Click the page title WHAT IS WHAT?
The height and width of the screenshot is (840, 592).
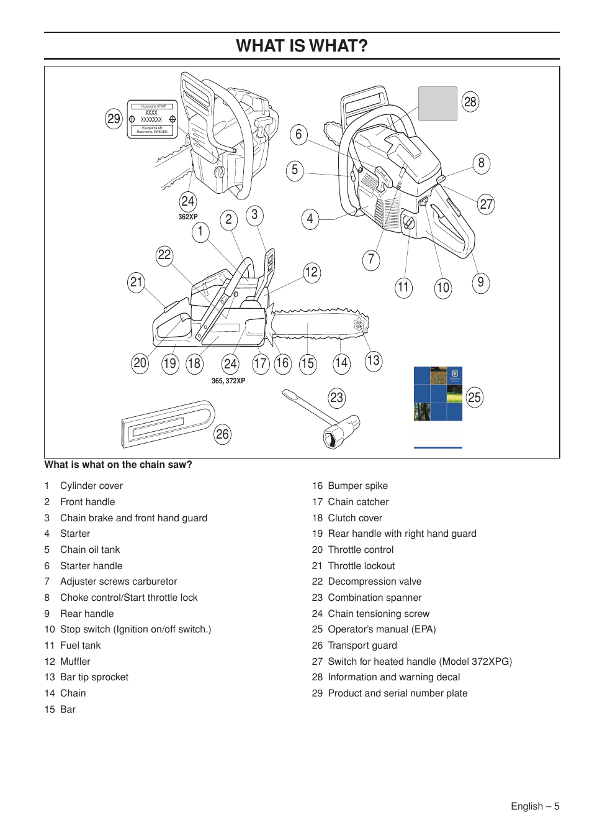click(x=302, y=46)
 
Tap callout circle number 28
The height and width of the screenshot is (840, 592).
click(x=470, y=102)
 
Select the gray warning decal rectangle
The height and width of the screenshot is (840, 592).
click(x=437, y=104)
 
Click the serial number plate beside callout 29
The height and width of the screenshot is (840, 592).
click(x=152, y=119)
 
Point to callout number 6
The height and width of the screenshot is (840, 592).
click(x=298, y=134)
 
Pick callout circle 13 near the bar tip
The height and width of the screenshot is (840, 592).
click(x=373, y=360)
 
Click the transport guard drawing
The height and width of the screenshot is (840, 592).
click(x=168, y=424)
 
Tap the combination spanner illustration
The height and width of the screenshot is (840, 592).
click(x=323, y=419)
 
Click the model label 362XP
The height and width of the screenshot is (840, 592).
click(x=187, y=217)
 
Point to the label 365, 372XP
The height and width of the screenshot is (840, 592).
click(x=228, y=381)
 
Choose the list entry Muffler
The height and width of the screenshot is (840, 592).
click(x=75, y=661)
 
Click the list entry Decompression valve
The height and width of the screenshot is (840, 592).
click(x=374, y=582)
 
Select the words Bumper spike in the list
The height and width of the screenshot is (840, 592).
click(x=357, y=486)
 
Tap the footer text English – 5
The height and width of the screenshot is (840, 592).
click(x=534, y=806)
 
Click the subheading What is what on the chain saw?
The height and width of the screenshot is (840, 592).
click(x=118, y=465)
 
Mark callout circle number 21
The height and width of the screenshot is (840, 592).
click(x=136, y=282)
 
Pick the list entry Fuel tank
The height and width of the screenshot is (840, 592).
click(x=80, y=646)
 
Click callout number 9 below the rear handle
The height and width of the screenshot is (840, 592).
click(x=480, y=283)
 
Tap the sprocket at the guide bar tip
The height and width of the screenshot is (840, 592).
click(x=359, y=324)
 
